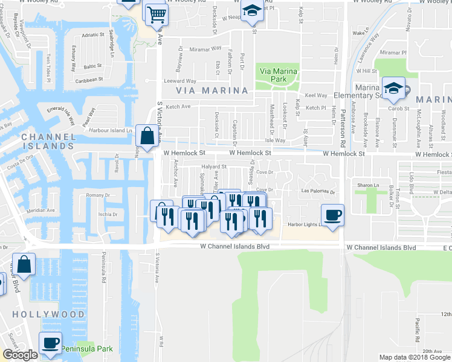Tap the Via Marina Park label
coord(279,75)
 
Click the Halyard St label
coord(214,167)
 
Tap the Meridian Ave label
coord(41,211)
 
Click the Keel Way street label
coord(316,95)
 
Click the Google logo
coord(20,355)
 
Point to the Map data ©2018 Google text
coord(415,357)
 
